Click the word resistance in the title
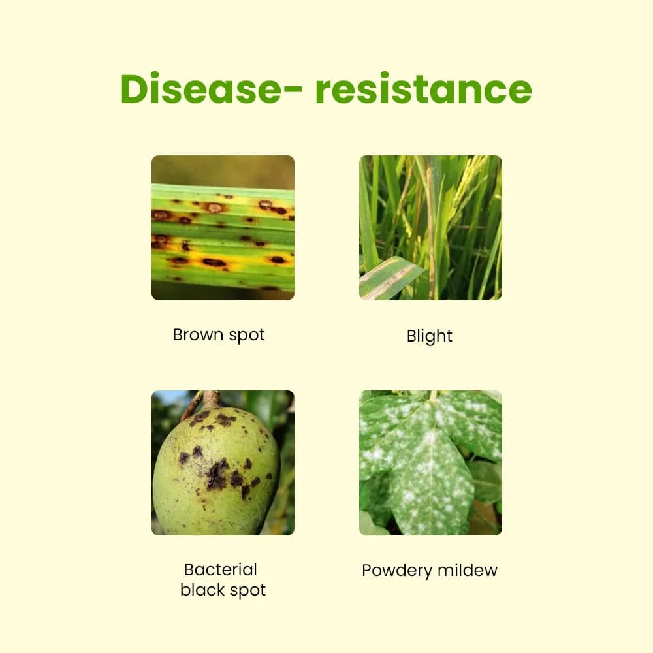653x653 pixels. point(423,89)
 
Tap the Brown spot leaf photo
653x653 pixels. point(223,228)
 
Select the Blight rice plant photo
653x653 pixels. point(430,228)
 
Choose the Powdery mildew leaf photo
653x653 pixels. point(430,463)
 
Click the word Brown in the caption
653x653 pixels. point(194,335)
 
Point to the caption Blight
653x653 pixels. point(429,336)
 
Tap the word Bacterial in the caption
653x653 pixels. point(221,569)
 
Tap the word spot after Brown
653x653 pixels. point(242,336)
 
